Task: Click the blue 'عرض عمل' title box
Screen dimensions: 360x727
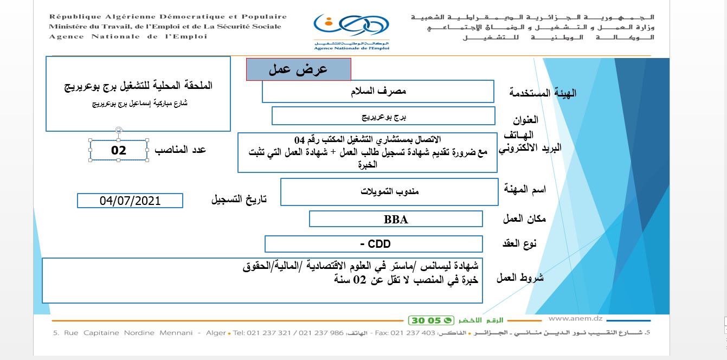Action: (x=299, y=69)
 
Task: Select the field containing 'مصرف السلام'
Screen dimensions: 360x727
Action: (x=378, y=91)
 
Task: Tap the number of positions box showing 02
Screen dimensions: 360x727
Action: (x=119, y=150)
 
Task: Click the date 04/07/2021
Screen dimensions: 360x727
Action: (x=130, y=201)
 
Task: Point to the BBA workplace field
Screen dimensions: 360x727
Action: (x=396, y=219)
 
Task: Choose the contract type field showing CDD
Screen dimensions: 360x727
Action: (x=374, y=244)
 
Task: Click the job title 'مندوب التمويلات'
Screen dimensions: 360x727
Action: (x=389, y=191)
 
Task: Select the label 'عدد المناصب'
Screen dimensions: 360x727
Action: (x=181, y=150)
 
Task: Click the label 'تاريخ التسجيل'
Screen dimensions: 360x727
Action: (x=239, y=199)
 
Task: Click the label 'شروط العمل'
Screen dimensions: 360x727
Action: (x=521, y=278)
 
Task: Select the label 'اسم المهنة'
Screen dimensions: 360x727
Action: (x=525, y=189)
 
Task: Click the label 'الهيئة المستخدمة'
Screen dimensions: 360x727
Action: (x=535, y=93)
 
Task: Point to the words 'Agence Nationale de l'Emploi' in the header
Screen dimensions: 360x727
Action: (x=128, y=36)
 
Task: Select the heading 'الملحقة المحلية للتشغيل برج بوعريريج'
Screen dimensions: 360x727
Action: (x=138, y=86)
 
